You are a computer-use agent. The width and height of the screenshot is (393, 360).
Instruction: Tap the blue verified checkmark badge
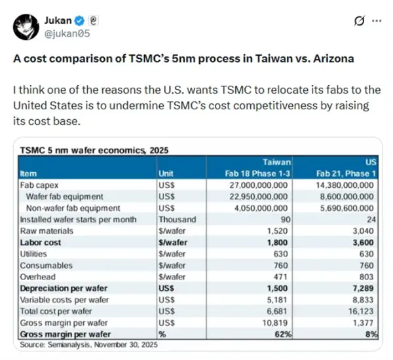click(83, 20)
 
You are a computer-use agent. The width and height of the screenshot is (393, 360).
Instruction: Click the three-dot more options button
click(377, 21)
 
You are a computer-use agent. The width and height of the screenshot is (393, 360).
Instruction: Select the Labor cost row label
click(42, 242)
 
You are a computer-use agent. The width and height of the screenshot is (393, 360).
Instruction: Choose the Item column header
click(29, 173)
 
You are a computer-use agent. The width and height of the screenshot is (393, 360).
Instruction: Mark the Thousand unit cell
click(178, 219)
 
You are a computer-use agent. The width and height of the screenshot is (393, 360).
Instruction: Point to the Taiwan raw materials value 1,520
click(278, 230)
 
